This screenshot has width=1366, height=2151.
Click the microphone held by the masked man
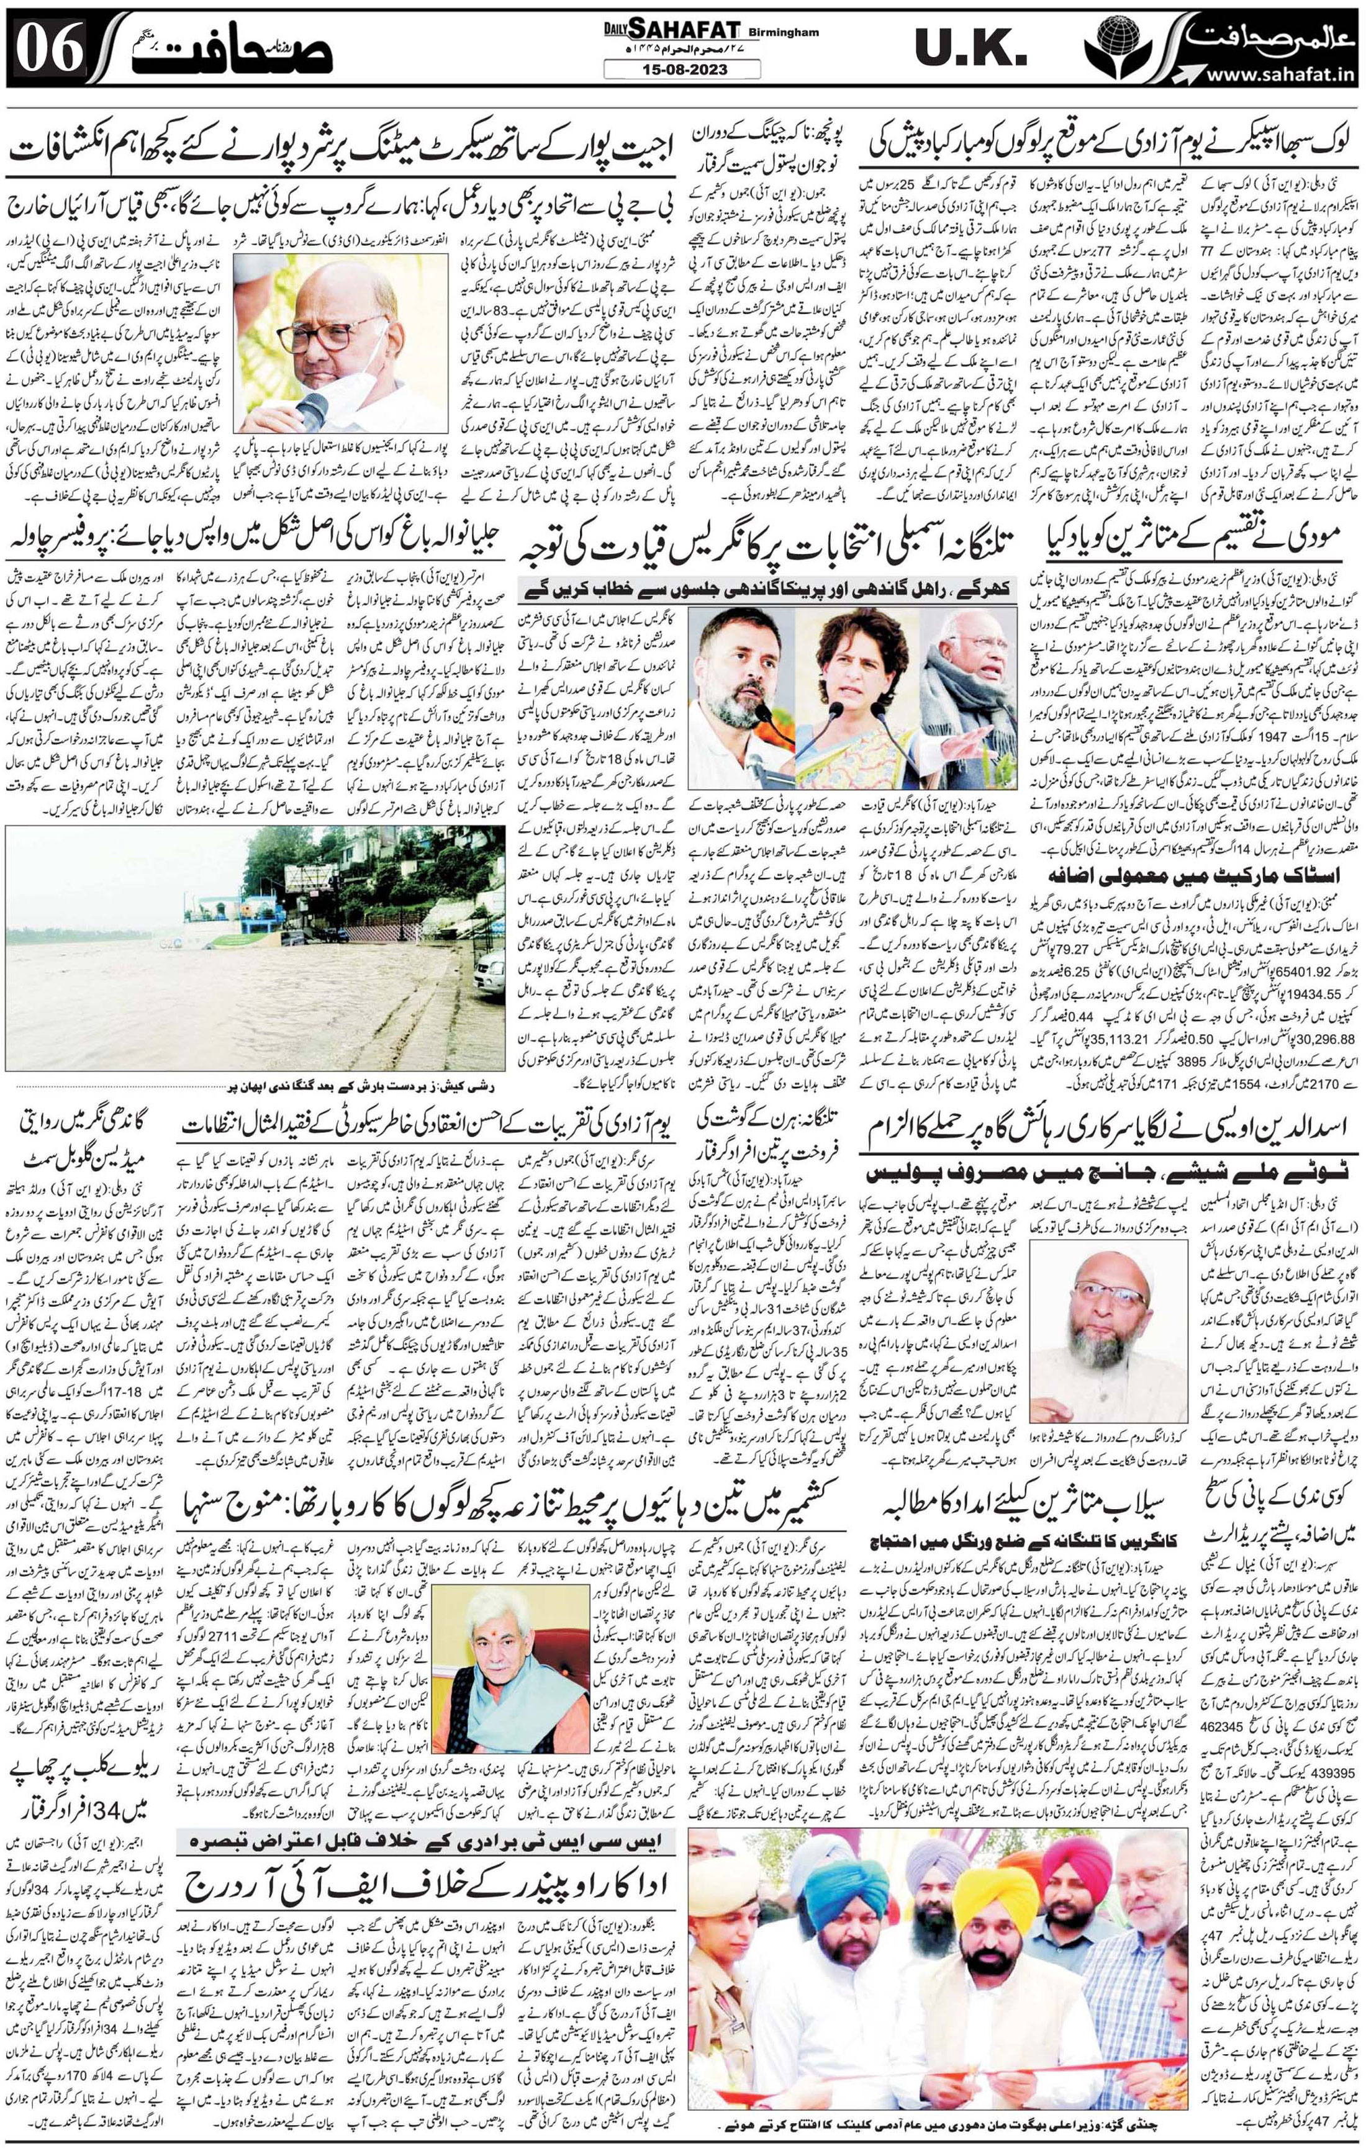pos(314,412)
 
